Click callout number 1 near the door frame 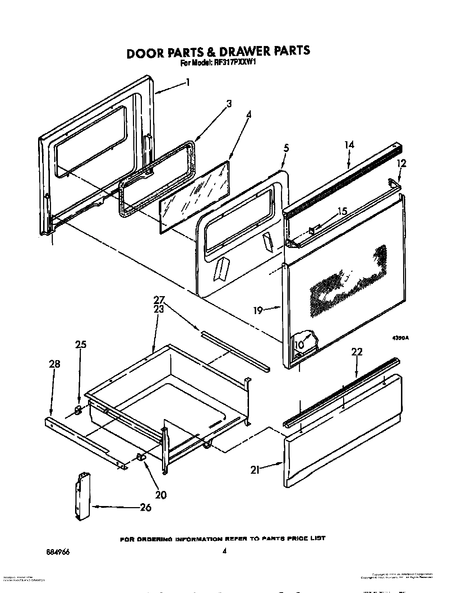[187, 82]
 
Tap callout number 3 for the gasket [228, 104]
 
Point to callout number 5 [286, 148]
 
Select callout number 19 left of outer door [258, 310]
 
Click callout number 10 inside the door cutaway [299, 345]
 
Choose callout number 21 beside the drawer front [255, 469]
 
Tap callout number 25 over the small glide [80, 344]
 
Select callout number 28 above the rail [55, 364]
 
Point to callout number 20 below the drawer [161, 495]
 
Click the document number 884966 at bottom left [56, 551]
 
